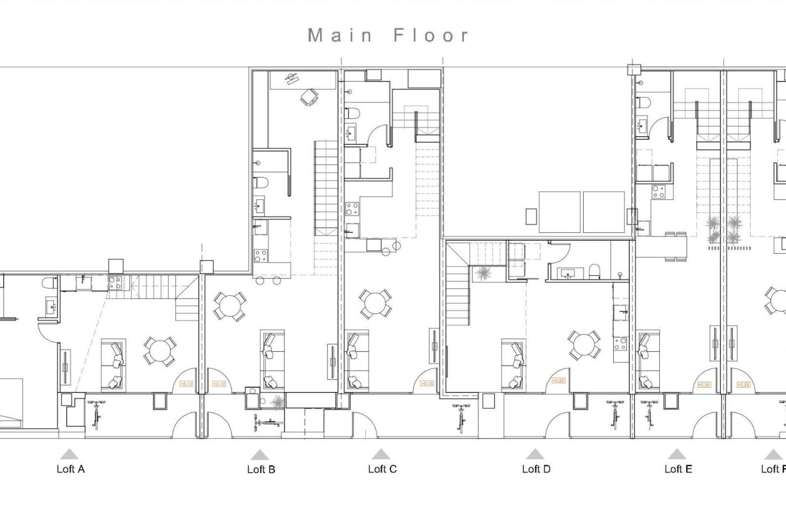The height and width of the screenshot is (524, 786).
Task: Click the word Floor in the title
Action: coord(431,36)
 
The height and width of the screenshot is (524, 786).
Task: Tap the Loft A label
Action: coord(70,469)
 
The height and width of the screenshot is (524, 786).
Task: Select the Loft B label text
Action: coord(261,470)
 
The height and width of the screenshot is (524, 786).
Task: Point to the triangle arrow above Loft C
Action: coord(381,454)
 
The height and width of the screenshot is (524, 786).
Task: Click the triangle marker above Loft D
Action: coord(534,454)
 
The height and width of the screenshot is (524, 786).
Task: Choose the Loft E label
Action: coord(678,469)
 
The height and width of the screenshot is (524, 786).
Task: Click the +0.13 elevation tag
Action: coord(186,384)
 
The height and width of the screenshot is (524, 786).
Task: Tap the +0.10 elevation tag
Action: coord(219,384)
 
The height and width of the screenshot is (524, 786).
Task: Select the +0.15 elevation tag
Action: coord(427,384)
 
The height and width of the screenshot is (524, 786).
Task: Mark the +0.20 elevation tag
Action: coord(558,381)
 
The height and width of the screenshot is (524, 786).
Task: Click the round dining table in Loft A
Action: coord(160,351)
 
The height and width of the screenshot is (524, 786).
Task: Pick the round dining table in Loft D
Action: coord(585,346)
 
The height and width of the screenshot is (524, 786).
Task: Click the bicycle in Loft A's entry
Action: coord(97,414)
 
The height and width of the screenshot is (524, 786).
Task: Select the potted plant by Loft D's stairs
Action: coord(483,273)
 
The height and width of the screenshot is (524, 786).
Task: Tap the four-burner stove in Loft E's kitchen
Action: coord(658,192)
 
